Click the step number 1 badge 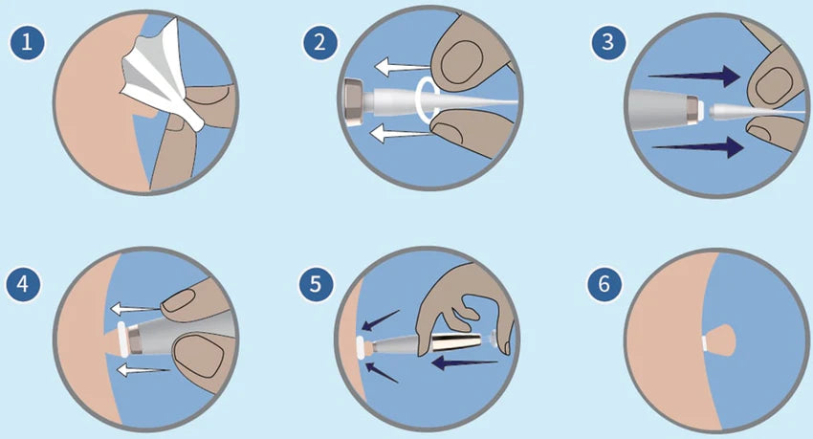(x=27, y=41)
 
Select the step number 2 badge (x=319, y=41)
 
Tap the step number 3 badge (x=608, y=41)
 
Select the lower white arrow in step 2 (x=400, y=136)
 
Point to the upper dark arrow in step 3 (x=694, y=77)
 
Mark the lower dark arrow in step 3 (x=697, y=147)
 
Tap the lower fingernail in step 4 (x=199, y=358)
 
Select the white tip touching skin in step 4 (x=123, y=340)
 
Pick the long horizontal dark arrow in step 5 (x=465, y=362)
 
